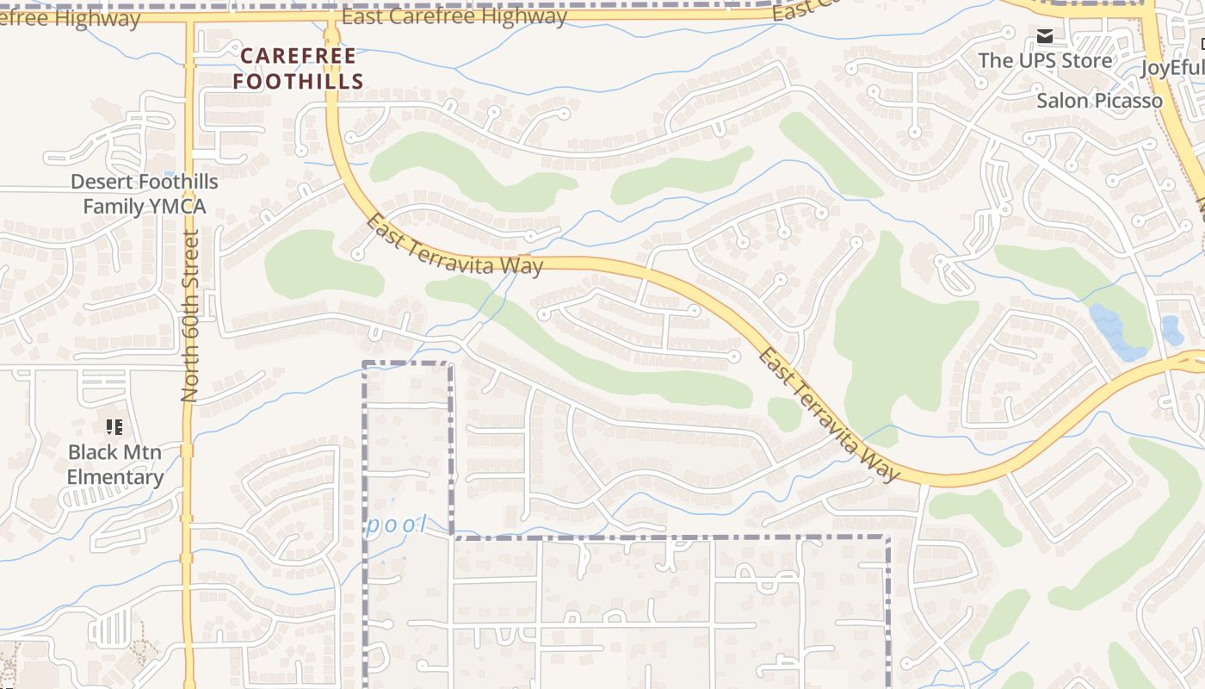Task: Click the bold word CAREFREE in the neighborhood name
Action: click(x=297, y=57)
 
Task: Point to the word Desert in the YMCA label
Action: click(x=103, y=182)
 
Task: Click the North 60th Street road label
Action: click(x=190, y=315)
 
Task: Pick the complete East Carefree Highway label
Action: click(x=454, y=16)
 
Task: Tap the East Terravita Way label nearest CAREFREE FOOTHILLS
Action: click(x=455, y=245)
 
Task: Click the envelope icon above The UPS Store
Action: click(x=1045, y=36)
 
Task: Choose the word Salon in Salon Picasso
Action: click(x=1063, y=101)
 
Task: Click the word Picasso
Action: click(x=1128, y=101)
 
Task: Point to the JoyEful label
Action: click(x=1171, y=67)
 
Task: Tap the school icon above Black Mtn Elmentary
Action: click(x=114, y=426)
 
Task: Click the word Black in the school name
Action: click(x=90, y=452)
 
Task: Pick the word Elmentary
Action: click(x=114, y=477)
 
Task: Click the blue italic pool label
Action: click(x=396, y=525)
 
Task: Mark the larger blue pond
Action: click(x=1114, y=332)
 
